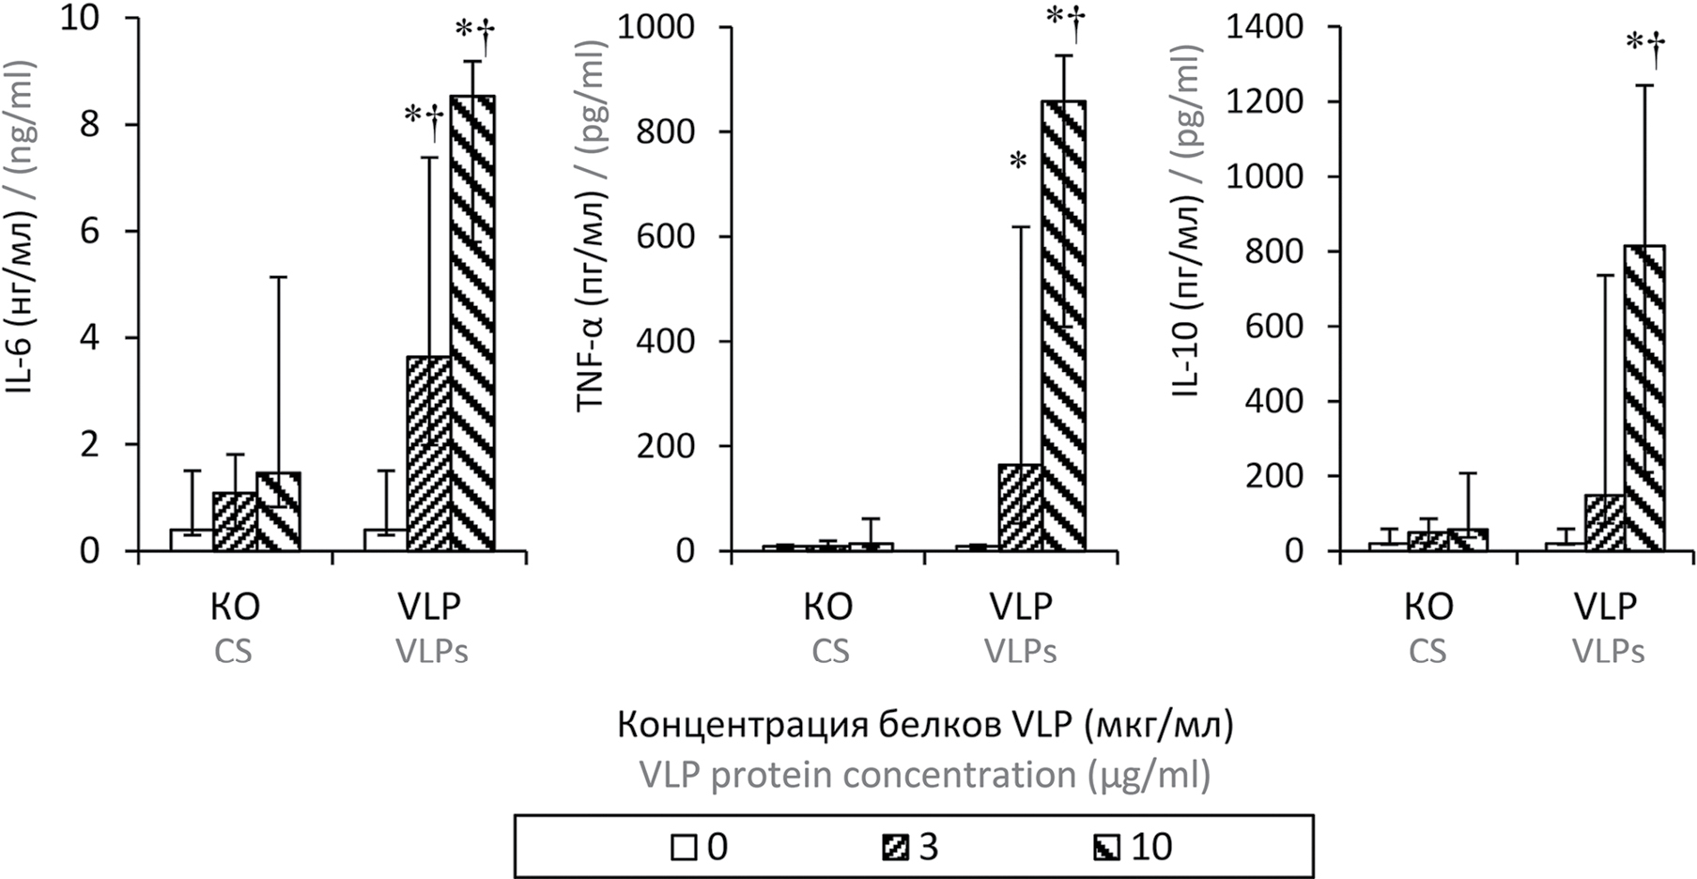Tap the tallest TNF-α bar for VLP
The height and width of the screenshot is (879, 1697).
pos(1064,324)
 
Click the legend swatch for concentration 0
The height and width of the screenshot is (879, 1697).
pos(684,849)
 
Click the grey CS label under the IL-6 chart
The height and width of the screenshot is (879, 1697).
pos(233,651)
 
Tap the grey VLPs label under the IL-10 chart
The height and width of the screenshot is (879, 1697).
pos(1608,651)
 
